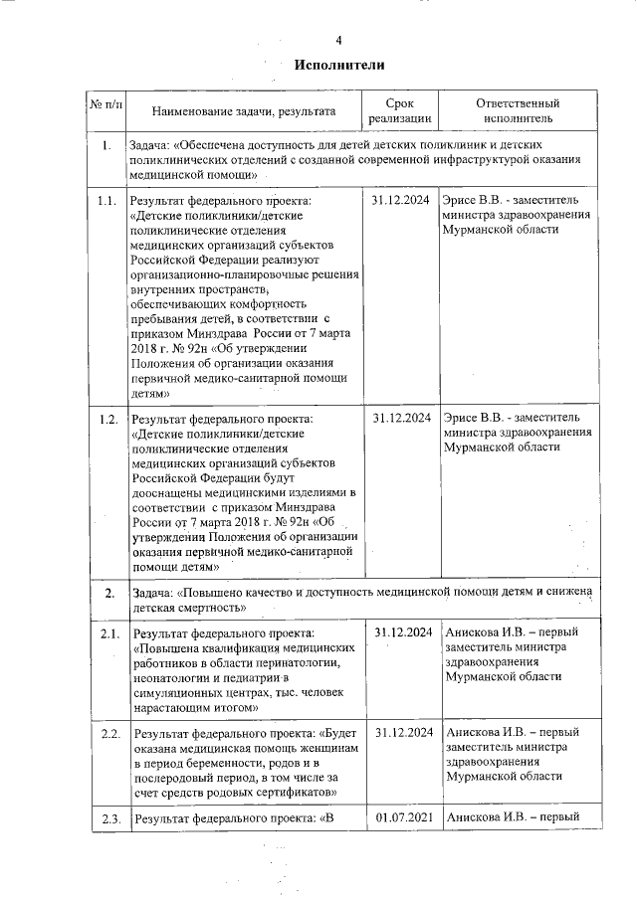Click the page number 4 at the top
pyautogui.click(x=338, y=40)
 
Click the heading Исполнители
pyautogui.click(x=338, y=64)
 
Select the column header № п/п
pyautogui.click(x=107, y=104)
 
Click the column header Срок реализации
pyautogui.click(x=399, y=111)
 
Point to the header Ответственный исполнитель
pyautogui.click(x=518, y=111)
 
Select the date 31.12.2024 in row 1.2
pyautogui.click(x=400, y=419)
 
